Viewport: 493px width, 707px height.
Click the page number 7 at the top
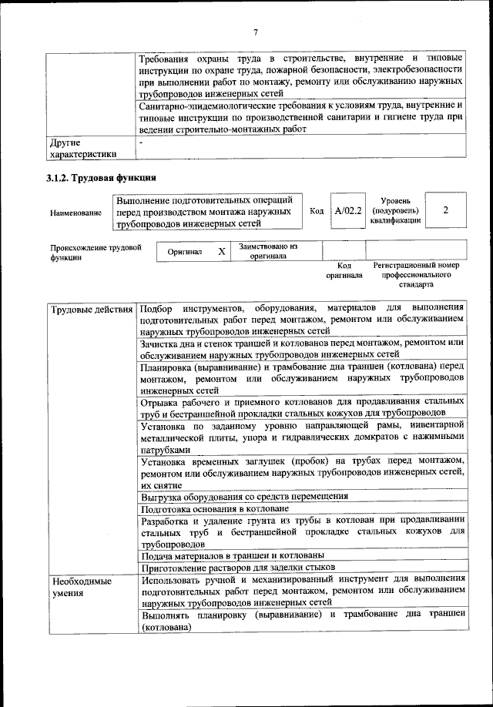pos(255,32)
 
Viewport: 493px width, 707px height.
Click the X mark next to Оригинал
pos(222,252)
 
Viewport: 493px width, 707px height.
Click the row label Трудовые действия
pos(91,310)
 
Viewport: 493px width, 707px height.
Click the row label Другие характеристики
pos(79,148)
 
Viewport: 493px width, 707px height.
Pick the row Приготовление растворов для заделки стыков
pos(236,568)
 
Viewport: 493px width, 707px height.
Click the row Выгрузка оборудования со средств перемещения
pos(244,496)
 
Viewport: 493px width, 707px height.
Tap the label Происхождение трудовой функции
pos(96,253)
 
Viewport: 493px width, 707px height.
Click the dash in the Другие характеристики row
pos(142,143)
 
